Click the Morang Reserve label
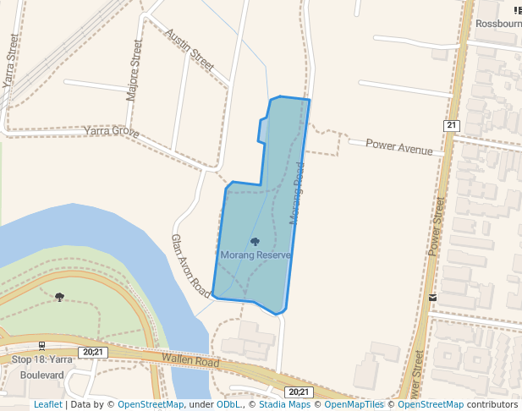(256, 255)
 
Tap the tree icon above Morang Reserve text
(255, 242)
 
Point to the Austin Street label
(190, 48)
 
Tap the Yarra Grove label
(112, 131)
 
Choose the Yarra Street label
(11, 62)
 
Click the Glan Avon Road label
(190, 266)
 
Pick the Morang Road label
(296, 194)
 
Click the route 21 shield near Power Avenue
(451, 125)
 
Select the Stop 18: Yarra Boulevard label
(42, 366)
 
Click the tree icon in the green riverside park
(59, 297)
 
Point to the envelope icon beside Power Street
(433, 298)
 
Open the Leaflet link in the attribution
(47, 404)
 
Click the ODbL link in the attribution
(228, 404)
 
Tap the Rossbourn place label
(498, 24)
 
